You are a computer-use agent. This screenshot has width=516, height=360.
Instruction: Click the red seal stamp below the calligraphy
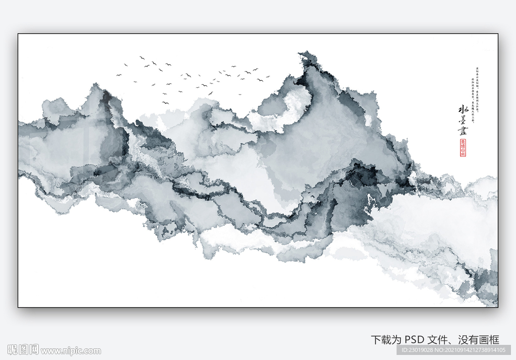(x=463, y=148)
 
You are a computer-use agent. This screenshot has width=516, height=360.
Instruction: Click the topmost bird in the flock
(x=142, y=57)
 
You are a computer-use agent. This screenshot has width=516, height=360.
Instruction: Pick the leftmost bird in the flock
(x=119, y=75)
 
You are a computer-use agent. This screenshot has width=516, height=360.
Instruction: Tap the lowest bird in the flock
(x=164, y=103)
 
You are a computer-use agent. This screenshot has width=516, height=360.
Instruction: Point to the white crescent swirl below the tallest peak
(x=292, y=108)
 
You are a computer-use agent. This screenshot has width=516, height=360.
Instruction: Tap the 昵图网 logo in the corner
(x=23, y=350)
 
